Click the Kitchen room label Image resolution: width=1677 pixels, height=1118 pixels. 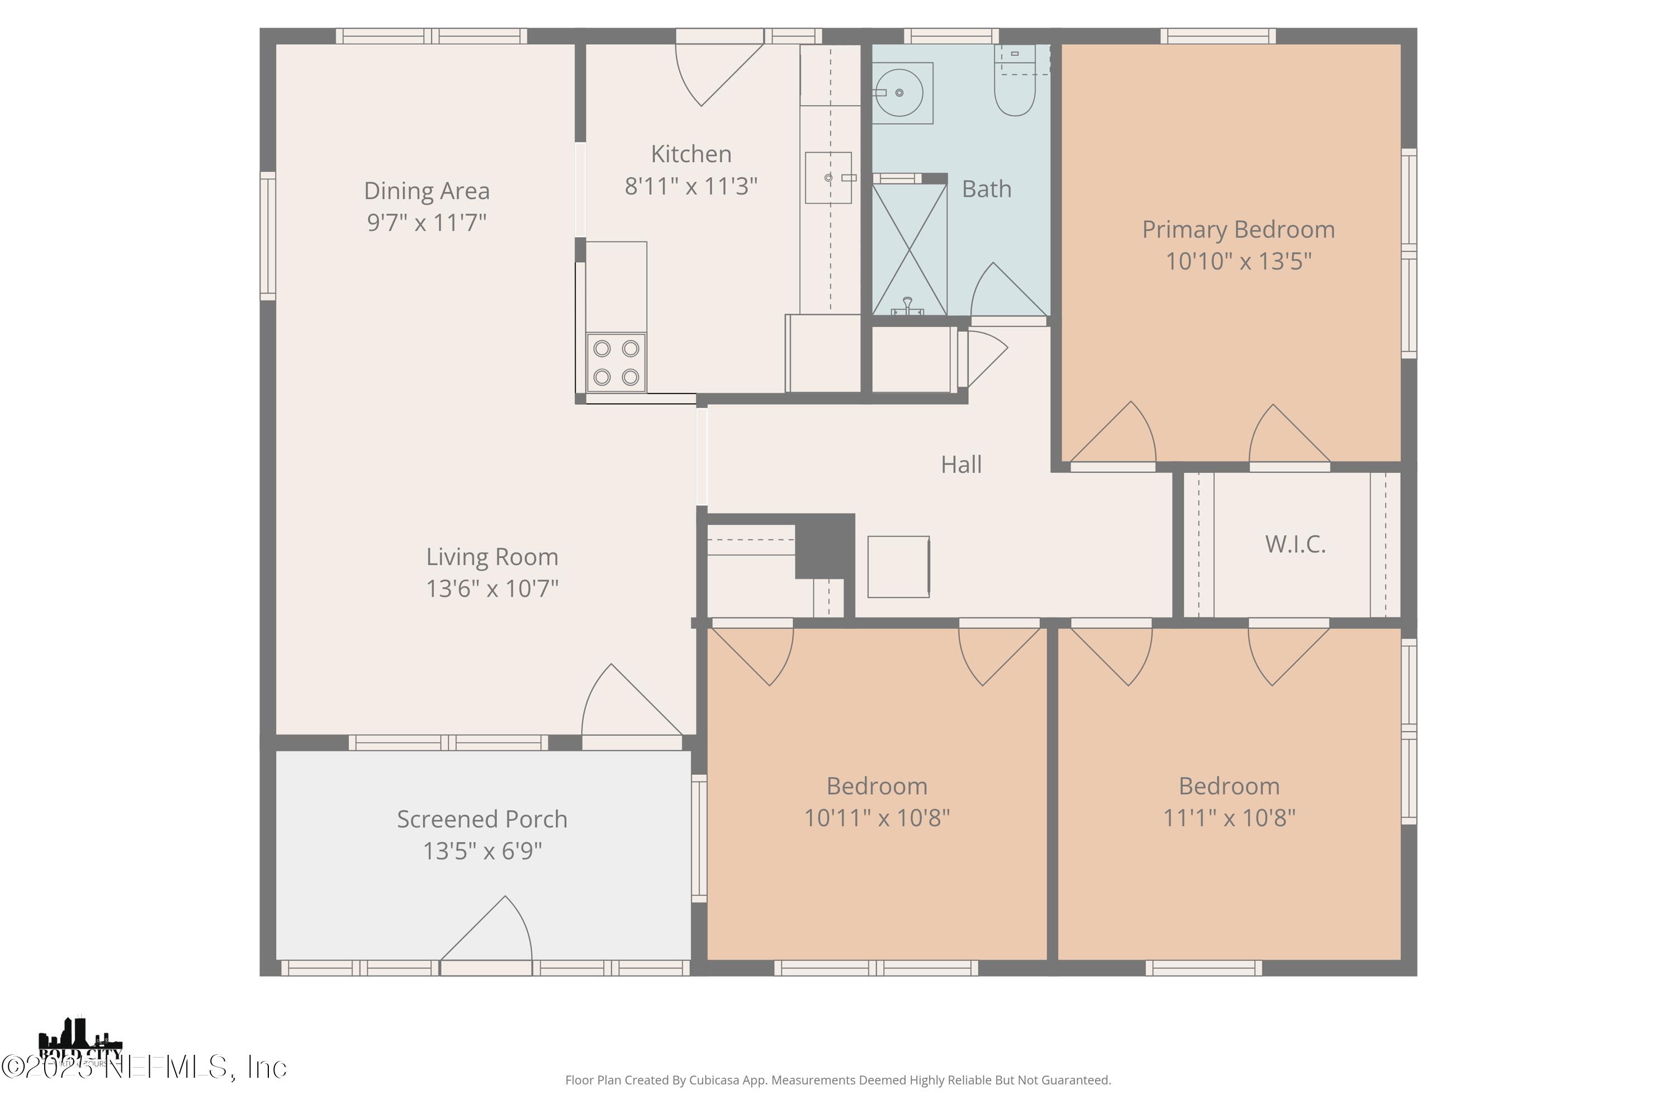690,154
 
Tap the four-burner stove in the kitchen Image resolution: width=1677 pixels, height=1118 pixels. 616,362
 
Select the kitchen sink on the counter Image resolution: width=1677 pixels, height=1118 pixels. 828,178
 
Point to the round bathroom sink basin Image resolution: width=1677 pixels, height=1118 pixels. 899,93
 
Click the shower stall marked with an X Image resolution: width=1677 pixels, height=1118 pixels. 909,249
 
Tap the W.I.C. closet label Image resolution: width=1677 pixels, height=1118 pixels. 1295,544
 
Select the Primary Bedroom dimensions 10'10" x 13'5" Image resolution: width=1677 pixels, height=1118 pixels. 1238,262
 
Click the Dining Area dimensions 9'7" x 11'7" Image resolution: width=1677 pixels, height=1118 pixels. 427,222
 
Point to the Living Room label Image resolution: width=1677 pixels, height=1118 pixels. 492,557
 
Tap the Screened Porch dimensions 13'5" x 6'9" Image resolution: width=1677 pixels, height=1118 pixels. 482,851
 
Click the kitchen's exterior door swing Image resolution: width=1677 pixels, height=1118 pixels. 713,72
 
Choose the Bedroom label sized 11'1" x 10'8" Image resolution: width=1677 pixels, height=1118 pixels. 1229,787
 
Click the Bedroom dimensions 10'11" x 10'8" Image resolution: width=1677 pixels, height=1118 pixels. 877,818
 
